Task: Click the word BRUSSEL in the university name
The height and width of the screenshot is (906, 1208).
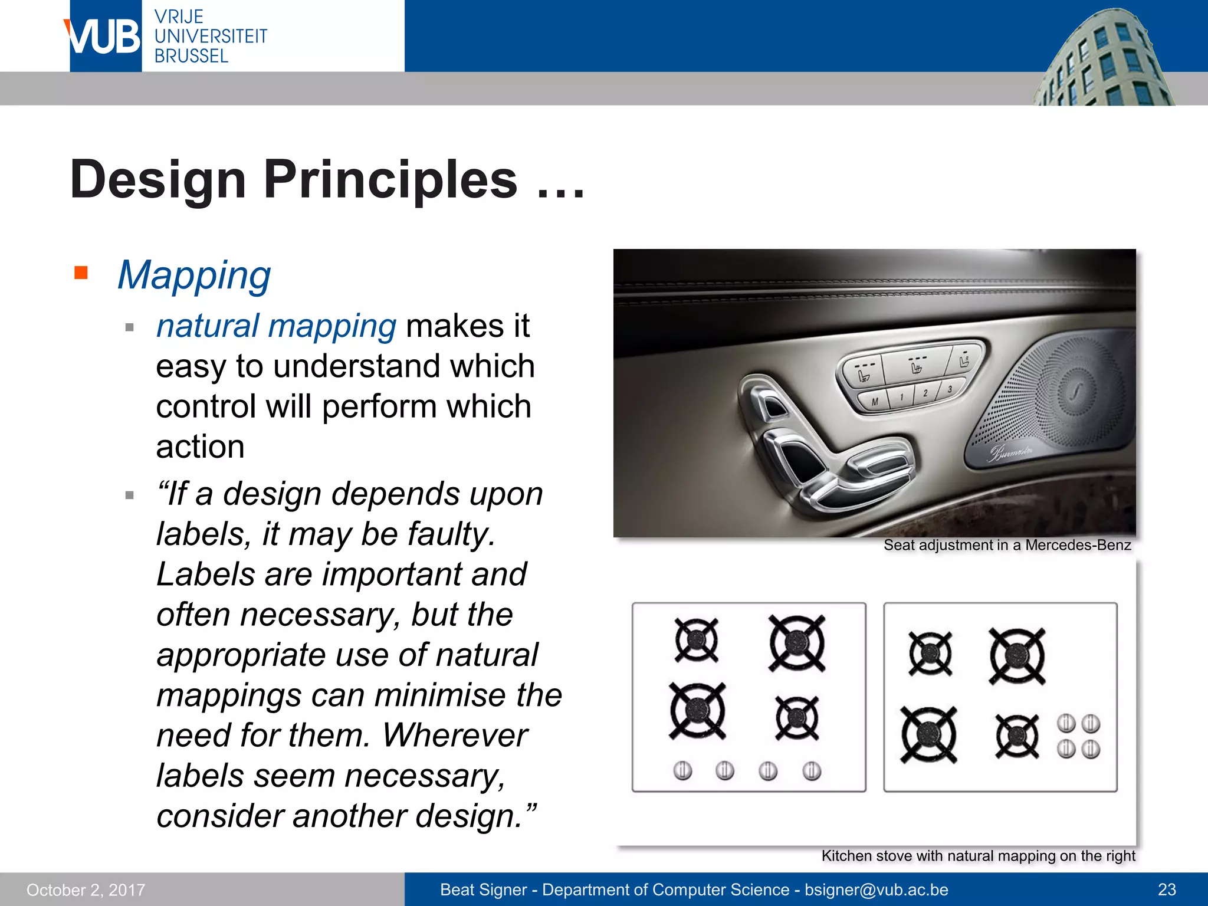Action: coord(191,56)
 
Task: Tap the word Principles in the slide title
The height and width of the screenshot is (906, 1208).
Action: coord(390,179)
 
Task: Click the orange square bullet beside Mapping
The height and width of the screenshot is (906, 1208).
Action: coord(81,273)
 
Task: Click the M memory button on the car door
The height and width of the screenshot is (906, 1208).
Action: coord(875,402)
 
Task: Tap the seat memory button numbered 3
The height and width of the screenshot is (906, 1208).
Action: coord(950,389)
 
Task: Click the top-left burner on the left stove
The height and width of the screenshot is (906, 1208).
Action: coord(697,640)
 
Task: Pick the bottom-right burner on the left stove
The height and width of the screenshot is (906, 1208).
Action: coord(797,718)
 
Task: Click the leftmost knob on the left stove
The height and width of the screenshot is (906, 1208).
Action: coord(682,770)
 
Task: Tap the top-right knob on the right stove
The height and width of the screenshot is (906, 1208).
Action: coord(1091,723)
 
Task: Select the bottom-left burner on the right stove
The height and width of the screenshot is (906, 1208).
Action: coord(929,735)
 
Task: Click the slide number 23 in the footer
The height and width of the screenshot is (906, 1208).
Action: coord(1167,889)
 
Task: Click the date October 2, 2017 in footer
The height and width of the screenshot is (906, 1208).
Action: coord(86,890)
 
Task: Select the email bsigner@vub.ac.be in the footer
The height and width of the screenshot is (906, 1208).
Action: coord(877,889)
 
